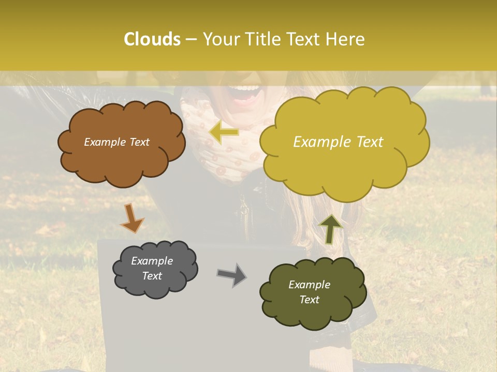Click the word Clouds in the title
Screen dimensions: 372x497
152,39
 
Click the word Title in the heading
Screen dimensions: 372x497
261,39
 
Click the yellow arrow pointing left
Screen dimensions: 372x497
224,132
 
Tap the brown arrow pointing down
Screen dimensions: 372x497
131,218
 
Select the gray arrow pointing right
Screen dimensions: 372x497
232,275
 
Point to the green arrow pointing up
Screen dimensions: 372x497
330,228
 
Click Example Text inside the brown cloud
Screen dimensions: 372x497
116,142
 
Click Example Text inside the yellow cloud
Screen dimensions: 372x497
338,142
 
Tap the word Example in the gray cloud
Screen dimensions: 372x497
152,261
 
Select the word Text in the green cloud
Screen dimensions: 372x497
309,300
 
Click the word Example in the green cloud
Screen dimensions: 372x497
309,285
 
